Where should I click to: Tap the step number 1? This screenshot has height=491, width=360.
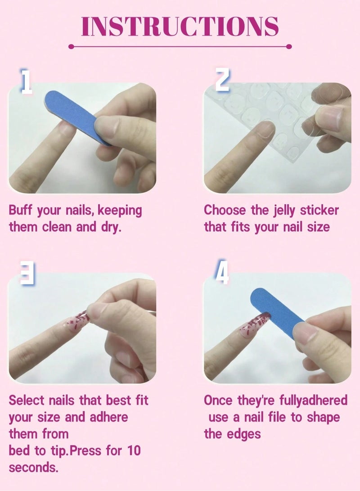point(27,82)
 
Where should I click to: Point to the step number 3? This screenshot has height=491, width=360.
point(27,273)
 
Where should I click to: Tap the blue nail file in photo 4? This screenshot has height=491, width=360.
point(275,306)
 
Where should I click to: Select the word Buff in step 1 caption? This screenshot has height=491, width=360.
point(20,210)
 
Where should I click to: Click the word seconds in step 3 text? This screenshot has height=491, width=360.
point(33,468)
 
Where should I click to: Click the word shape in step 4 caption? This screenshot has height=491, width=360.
point(323,417)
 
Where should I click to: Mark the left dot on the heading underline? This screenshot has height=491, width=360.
point(71,46)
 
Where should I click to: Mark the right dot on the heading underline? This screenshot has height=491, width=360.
point(289,46)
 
